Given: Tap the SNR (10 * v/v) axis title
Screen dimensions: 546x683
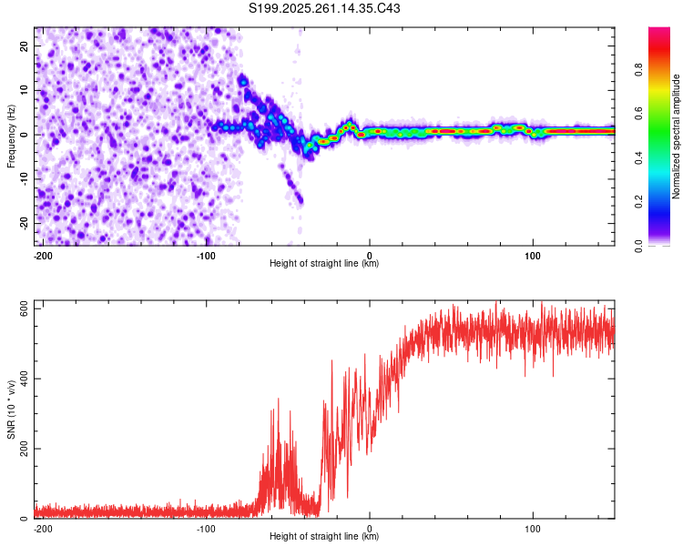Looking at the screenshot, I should coord(12,410).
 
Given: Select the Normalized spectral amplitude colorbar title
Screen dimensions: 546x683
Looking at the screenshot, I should coord(676,136).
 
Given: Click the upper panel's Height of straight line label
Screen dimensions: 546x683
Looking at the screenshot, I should coord(324,264).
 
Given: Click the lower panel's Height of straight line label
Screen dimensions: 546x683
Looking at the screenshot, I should coord(324,537).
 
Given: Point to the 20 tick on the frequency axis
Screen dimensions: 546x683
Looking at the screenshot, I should coord(25,45).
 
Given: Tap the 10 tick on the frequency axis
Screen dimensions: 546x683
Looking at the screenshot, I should coord(25,90).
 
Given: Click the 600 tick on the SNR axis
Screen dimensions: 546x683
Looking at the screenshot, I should coord(25,309).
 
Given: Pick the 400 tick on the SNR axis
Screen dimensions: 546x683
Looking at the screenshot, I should coord(25,379).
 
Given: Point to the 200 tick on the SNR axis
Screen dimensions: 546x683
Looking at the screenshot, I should coord(25,450).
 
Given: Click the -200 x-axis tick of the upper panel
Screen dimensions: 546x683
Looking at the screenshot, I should coord(42,254).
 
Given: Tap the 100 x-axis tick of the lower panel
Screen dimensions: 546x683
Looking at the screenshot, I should coord(532,527).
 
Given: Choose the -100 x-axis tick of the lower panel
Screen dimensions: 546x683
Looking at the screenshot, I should coord(206,527).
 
